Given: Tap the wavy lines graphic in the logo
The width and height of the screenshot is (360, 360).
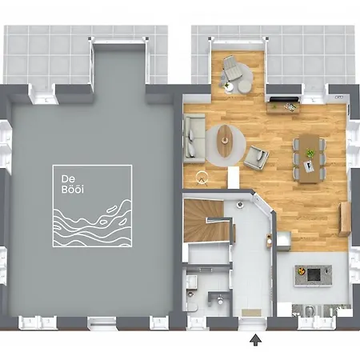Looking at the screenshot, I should tap(91, 223).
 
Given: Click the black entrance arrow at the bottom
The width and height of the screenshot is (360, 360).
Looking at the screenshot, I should tap(256, 341).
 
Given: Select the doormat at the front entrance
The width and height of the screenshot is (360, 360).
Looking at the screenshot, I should tap(253, 310).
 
